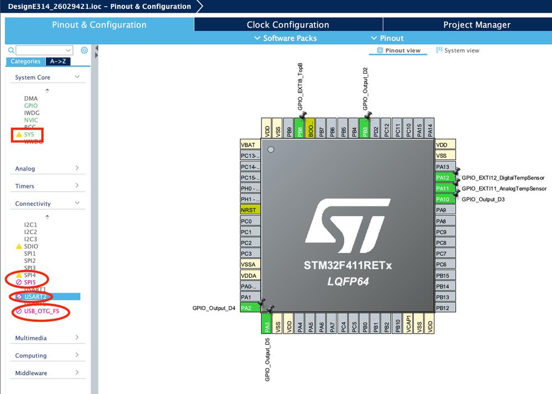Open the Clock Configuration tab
[x=288, y=25]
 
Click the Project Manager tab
[x=476, y=25]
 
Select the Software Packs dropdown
[x=285, y=38]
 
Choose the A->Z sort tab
[x=57, y=61]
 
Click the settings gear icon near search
[x=84, y=50]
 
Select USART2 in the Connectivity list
[x=35, y=297]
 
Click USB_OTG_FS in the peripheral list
[x=41, y=312]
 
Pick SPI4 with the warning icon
[x=30, y=275]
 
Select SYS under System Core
[x=29, y=134]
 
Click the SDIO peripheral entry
[x=31, y=246]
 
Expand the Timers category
[x=48, y=186]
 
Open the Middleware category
[x=48, y=373]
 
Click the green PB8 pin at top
[x=300, y=127]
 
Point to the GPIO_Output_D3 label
[x=483, y=199]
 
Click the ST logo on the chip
[x=347, y=227]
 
